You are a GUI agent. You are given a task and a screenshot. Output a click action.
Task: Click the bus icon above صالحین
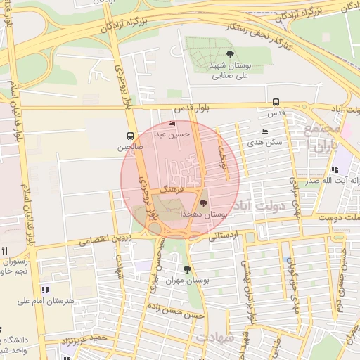click(x=129, y=136)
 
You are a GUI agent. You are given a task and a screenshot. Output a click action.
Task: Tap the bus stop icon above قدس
click(x=276, y=102)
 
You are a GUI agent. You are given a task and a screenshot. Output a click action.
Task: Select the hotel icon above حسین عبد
click(x=172, y=124)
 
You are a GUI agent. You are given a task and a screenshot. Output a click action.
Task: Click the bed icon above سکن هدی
click(x=264, y=131)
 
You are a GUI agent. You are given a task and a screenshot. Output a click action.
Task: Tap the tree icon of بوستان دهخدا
click(x=205, y=202)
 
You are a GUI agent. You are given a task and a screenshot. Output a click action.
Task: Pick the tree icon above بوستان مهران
click(x=186, y=269)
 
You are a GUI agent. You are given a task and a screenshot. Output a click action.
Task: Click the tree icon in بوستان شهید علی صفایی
click(x=231, y=54)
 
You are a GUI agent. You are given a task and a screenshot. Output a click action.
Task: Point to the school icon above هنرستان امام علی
click(x=46, y=290)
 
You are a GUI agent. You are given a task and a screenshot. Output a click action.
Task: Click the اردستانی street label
click(x=224, y=236)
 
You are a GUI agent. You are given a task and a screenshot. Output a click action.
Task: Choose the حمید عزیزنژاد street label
click(x=85, y=341)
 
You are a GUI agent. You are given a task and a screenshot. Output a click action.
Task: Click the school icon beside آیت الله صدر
click(x=335, y=169)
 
